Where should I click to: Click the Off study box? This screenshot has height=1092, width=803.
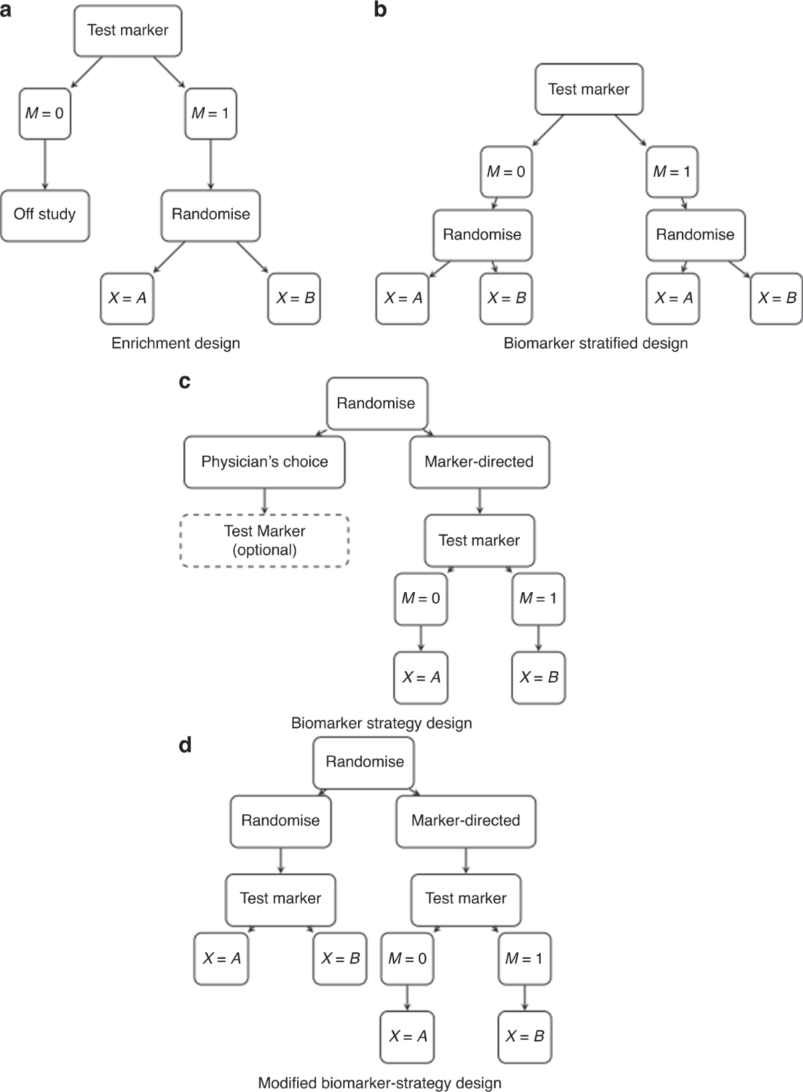click(45, 215)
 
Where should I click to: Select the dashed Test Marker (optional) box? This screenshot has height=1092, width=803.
click(265, 541)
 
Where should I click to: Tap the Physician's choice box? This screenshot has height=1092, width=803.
click(264, 462)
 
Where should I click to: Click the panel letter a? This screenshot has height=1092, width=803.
click(6, 9)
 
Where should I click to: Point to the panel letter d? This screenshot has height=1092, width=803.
click(185, 745)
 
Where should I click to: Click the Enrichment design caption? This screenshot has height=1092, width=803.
click(175, 343)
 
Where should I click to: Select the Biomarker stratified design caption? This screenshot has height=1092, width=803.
click(596, 343)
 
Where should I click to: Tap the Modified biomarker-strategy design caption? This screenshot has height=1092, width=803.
click(379, 1083)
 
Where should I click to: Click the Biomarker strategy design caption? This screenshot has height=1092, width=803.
click(381, 723)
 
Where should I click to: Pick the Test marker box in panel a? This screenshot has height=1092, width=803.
click(128, 30)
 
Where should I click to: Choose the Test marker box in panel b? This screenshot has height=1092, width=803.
click(589, 89)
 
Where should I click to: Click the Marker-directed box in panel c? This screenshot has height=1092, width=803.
click(479, 462)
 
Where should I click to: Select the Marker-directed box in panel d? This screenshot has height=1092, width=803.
click(466, 821)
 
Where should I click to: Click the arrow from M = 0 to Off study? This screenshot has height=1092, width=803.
click(45, 165)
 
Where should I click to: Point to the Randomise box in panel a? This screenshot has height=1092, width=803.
click(211, 215)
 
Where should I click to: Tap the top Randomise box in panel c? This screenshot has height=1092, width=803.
click(376, 403)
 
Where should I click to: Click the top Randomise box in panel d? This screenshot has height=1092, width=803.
click(365, 762)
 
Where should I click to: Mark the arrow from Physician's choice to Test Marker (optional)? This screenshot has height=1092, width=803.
click(265, 500)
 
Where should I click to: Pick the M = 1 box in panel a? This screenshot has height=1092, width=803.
click(211, 114)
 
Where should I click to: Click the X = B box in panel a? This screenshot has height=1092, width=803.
click(294, 298)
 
